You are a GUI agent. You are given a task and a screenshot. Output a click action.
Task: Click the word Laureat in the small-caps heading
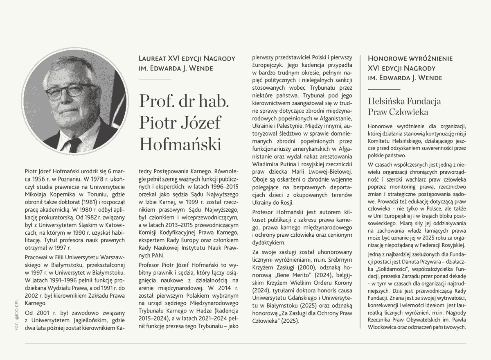click(x=153, y=59)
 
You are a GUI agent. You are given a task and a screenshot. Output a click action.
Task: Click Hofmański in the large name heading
click(x=180, y=144)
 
